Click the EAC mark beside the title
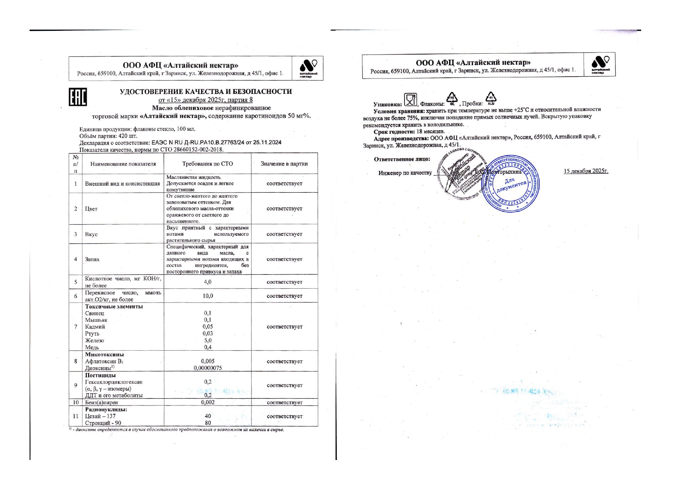78,97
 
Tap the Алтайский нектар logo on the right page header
600,64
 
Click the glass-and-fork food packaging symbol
410,100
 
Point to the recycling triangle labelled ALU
491,98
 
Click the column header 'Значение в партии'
284,164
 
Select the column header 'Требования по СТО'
207,164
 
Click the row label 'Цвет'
91,209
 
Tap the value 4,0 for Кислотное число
207,282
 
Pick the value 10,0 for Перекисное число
207,296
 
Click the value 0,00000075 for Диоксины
207,368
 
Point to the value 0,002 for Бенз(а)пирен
207,402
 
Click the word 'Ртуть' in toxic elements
92,334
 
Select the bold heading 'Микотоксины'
104,355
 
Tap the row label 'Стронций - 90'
103,423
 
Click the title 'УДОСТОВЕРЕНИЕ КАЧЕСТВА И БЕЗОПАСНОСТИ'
206,92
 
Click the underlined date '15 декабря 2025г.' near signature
586,171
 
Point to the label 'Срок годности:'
394,131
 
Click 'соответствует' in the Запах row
284,259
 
